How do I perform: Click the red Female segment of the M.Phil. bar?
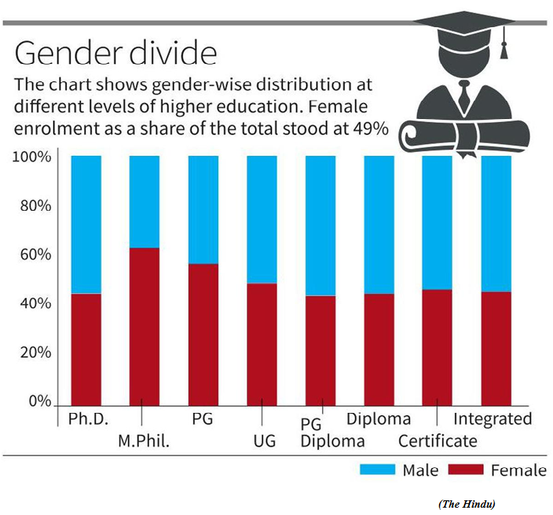[x=144, y=327]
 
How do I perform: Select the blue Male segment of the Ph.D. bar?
[x=86, y=224]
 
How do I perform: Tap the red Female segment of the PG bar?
[x=203, y=335]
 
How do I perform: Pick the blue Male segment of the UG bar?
[x=262, y=220]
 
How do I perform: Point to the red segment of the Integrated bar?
[x=496, y=349]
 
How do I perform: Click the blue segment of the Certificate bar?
[x=437, y=223]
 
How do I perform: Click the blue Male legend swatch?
[x=377, y=469]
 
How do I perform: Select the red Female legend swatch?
[x=465, y=469]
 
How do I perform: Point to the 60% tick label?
[x=35, y=254]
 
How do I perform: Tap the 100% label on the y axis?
[x=32, y=156]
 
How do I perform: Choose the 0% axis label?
[x=40, y=401]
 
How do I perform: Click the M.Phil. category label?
[x=144, y=441]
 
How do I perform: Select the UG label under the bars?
[x=265, y=441]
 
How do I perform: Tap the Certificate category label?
[x=438, y=441]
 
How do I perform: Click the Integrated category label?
[x=493, y=419]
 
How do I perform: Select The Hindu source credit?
[x=466, y=504]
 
